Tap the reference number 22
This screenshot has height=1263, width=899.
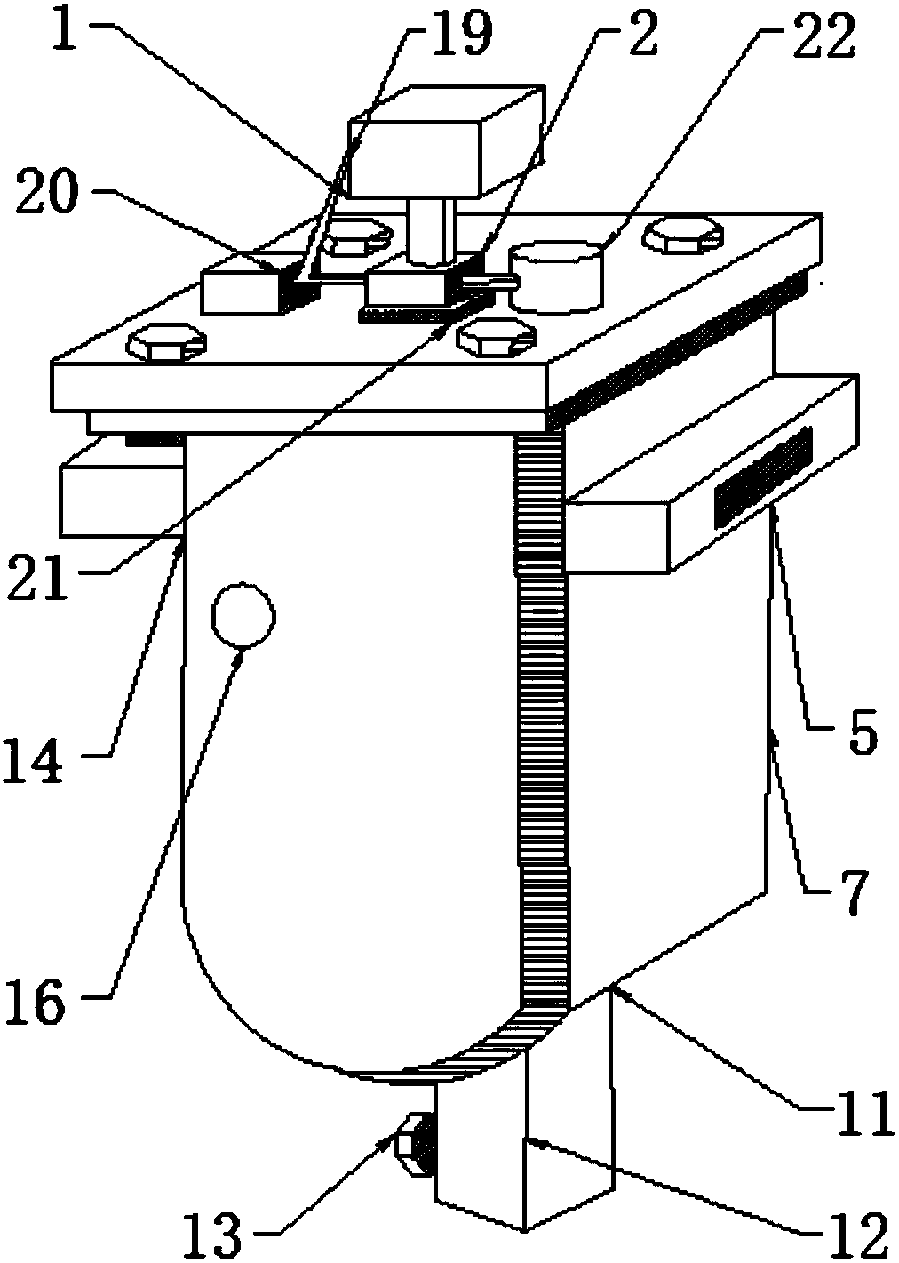tap(811, 37)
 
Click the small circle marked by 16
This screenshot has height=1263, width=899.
tap(243, 613)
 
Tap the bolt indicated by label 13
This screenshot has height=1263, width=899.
tap(414, 1140)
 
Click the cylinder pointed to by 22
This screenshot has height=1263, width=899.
tap(556, 276)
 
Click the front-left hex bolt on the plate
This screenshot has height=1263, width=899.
tap(168, 344)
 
